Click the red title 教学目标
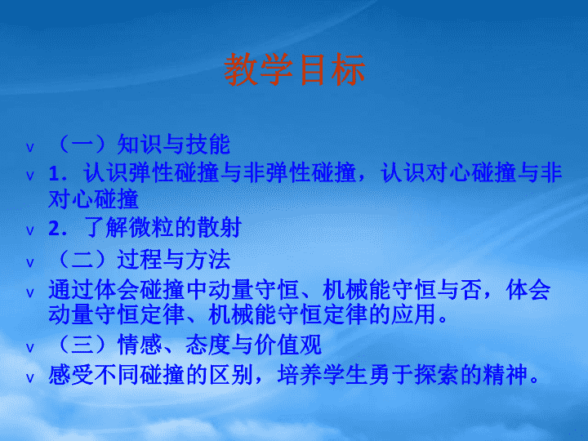[x=294, y=69]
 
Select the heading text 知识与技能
[x=174, y=145]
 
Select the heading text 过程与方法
[x=174, y=260]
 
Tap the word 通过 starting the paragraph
[x=71, y=290]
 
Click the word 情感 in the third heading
[x=140, y=345]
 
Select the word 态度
[x=208, y=345]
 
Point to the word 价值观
[x=287, y=345]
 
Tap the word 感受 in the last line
[x=71, y=375]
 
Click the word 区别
[x=231, y=375]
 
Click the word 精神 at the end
[x=506, y=375]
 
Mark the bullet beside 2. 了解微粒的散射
[x=30, y=230]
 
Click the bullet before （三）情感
[x=30, y=348]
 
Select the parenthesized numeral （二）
[x=82, y=260]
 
